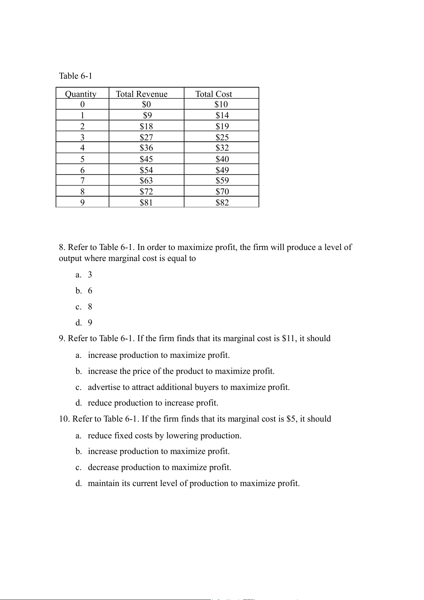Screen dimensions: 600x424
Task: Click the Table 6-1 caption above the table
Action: tap(75, 76)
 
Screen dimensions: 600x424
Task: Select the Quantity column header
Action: tap(81, 94)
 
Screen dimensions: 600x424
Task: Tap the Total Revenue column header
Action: tap(142, 94)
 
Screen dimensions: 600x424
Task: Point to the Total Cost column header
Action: tap(214, 94)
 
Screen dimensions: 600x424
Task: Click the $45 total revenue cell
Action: tap(146, 159)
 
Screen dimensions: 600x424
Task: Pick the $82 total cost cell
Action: tap(222, 203)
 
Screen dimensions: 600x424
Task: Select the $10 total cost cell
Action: tap(221, 104)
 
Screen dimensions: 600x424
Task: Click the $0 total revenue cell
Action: tap(146, 104)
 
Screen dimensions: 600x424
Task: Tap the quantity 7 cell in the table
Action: tap(83, 181)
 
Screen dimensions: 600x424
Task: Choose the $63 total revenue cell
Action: tap(146, 181)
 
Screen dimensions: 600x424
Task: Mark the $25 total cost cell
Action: tap(222, 137)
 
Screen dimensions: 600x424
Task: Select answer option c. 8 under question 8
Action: tap(84, 307)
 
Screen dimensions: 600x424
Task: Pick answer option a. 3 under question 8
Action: tap(84, 275)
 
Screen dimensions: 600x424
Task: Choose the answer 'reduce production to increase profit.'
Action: tap(153, 403)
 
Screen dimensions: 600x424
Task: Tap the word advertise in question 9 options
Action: tap(104, 387)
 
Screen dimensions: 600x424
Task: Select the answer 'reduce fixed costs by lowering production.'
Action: tap(164, 435)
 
